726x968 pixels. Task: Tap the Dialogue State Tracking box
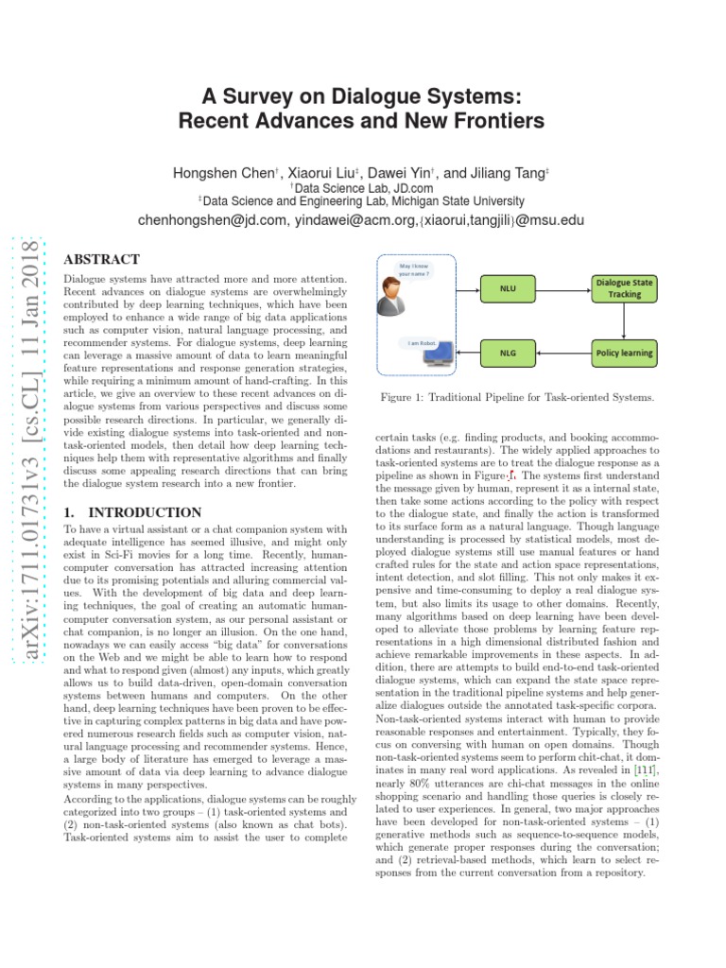tap(623, 288)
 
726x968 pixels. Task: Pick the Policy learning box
tap(623, 353)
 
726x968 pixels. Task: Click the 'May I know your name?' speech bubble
tap(415, 272)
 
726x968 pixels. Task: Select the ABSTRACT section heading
tap(101, 259)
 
